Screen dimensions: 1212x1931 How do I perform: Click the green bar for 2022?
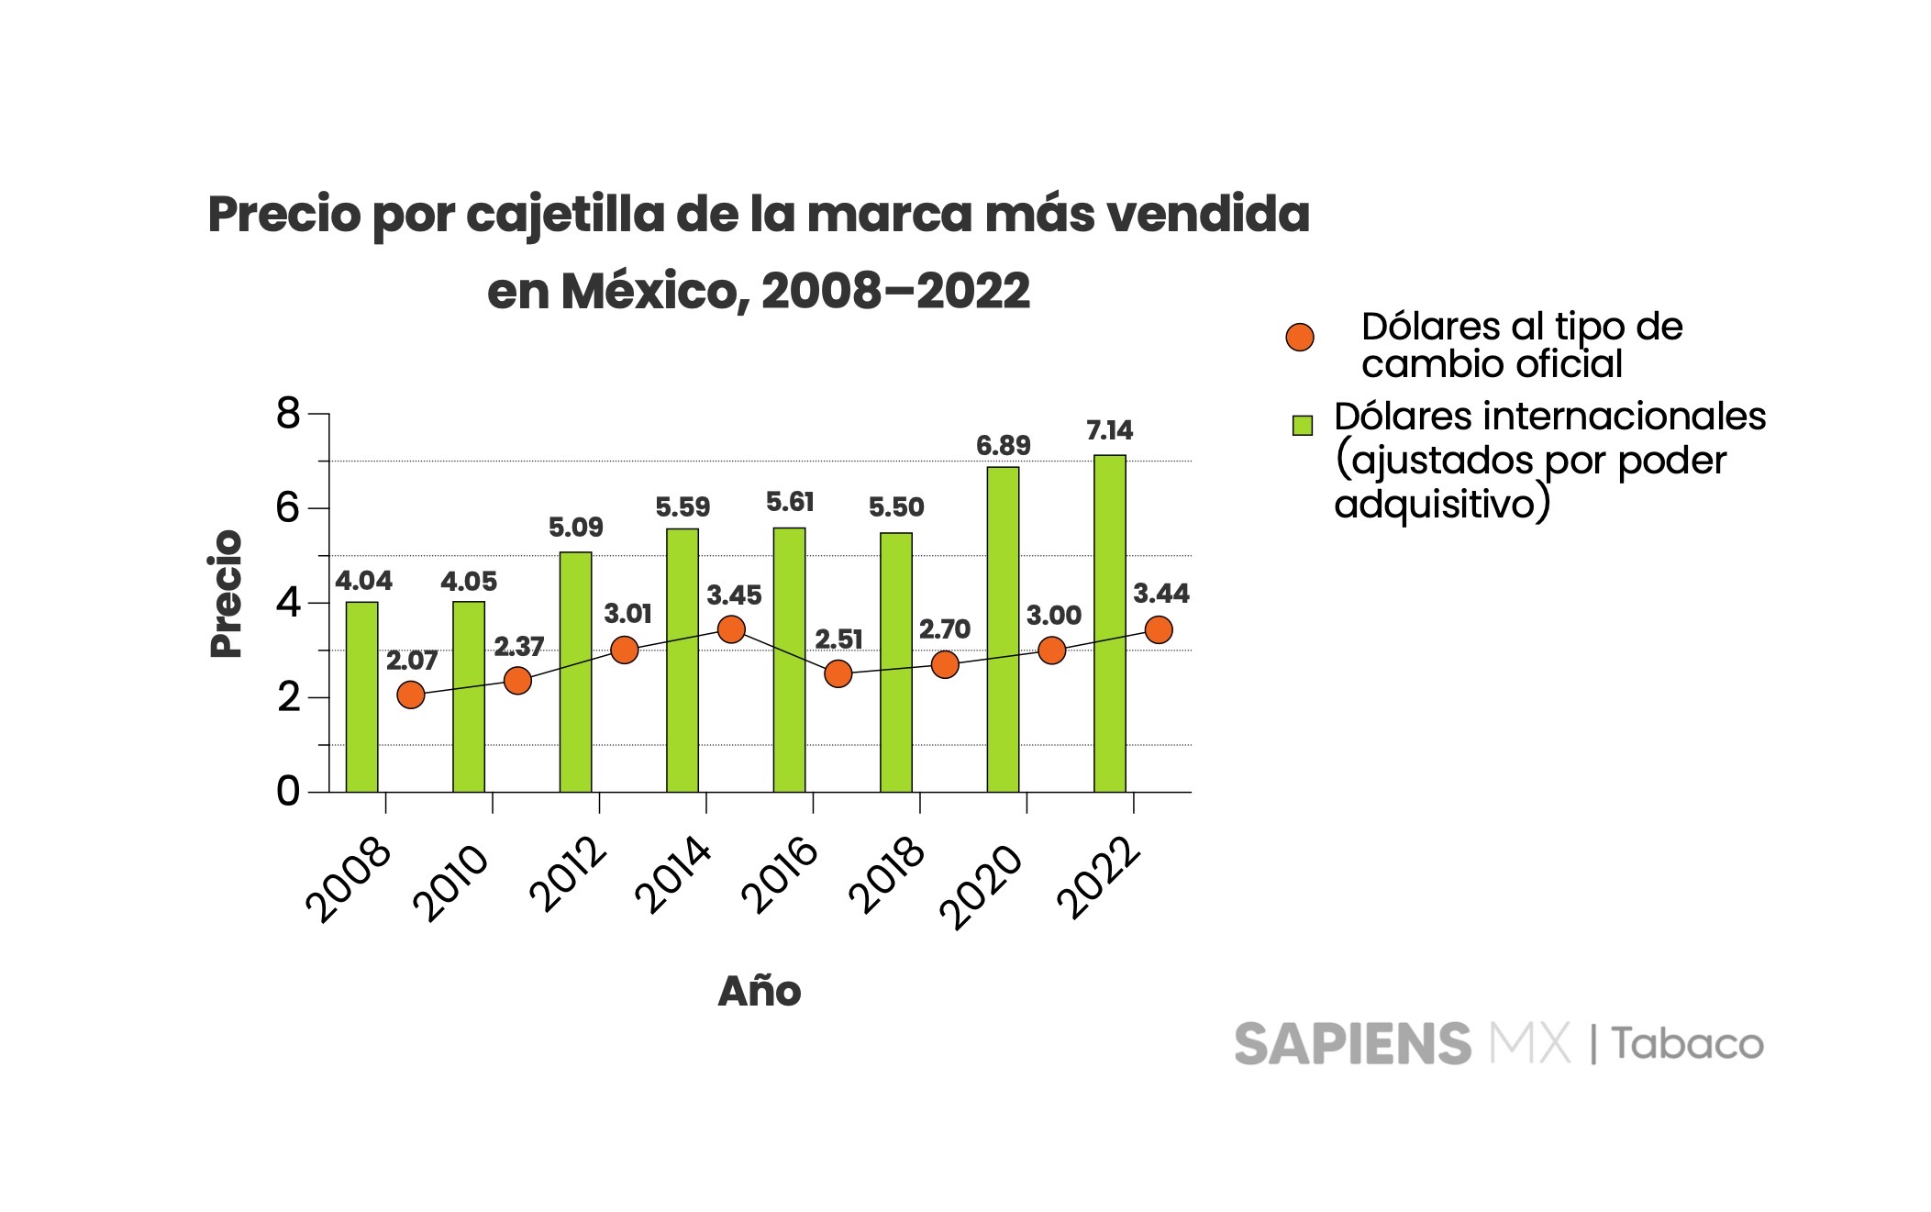tap(1109, 624)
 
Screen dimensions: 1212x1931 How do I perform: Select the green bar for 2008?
tap(361, 697)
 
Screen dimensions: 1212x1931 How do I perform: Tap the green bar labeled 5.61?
tap(789, 660)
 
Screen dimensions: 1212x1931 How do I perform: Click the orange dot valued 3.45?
tap(731, 629)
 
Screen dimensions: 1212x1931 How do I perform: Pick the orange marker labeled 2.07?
tap(411, 695)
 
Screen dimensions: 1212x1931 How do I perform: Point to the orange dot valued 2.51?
tap(838, 674)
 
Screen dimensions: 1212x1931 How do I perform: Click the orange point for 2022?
tap(1159, 630)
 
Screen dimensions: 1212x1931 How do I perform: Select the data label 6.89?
tap(1003, 446)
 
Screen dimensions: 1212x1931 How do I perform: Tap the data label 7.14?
tap(1109, 430)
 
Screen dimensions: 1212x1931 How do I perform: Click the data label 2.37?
tap(519, 647)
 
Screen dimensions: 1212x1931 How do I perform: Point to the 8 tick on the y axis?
tap(288, 414)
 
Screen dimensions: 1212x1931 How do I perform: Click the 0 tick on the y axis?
tap(288, 791)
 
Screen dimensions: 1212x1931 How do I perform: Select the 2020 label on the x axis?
tap(981, 885)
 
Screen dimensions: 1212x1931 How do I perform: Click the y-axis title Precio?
tap(226, 594)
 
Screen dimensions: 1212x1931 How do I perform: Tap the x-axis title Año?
tap(760, 992)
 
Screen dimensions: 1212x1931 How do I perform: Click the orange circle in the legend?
tap(1300, 338)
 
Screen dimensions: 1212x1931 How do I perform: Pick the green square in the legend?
tap(1302, 425)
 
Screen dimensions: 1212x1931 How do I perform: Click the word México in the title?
tap(649, 292)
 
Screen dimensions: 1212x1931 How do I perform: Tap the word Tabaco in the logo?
tap(1688, 1044)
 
